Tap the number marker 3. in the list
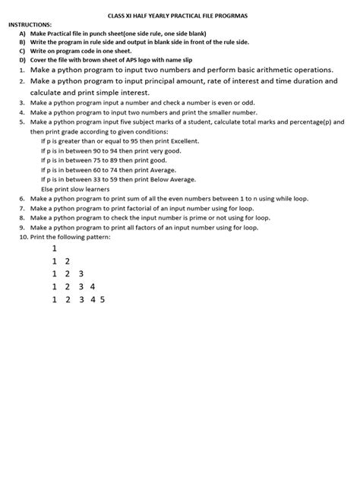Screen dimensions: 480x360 click(x=22, y=102)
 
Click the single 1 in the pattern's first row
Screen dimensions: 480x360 click(x=55, y=248)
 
